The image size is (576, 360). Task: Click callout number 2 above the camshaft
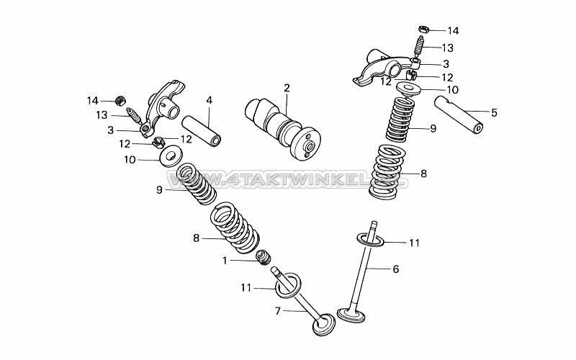point(287,88)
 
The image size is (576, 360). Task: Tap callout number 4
point(209,100)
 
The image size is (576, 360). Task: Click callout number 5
point(494,112)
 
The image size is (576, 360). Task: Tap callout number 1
point(225,261)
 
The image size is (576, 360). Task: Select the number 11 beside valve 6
point(414,243)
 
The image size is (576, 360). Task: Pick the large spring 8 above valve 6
point(388,173)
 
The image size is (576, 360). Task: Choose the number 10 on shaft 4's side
point(129,159)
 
